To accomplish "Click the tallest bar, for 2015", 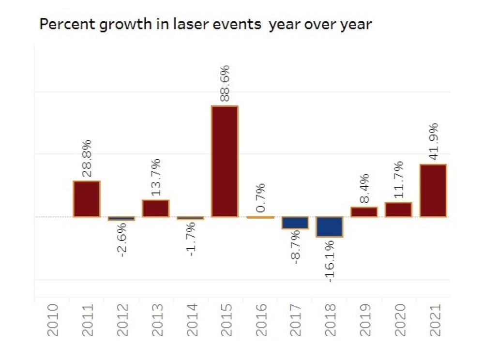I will (225, 161).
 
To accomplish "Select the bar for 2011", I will (87, 199).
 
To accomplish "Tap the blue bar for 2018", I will (330, 226).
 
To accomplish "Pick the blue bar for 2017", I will (295, 222).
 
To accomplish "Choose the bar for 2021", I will (433, 191).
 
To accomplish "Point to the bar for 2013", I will (155, 208).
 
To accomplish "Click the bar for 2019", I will (364, 212).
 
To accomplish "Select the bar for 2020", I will (398, 210).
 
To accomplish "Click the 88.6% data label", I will (225, 83).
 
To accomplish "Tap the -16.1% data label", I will (330, 260).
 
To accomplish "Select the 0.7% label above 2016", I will (260, 197).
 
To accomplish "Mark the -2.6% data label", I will (122, 239).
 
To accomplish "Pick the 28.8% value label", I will (87, 158).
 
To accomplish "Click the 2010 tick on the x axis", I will (52, 320).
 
